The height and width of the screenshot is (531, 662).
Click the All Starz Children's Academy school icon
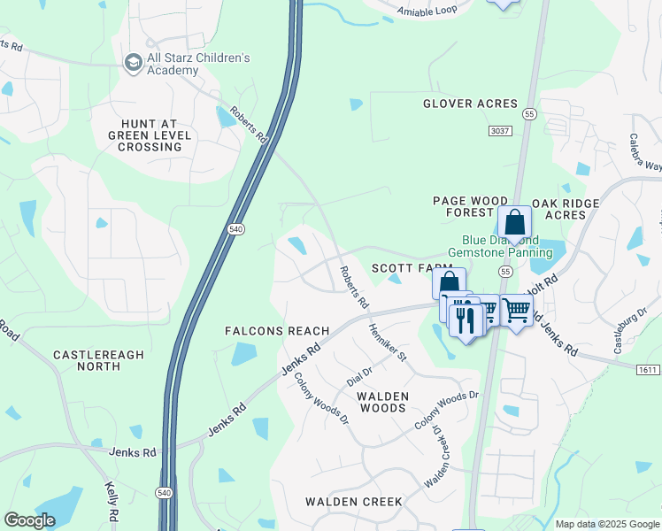(x=133, y=62)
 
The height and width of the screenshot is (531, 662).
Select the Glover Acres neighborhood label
(x=469, y=104)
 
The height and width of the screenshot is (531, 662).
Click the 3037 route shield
(x=500, y=131)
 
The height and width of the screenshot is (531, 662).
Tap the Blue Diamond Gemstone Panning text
(x=500, y=246)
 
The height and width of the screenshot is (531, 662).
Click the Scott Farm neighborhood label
(x=405, y=267)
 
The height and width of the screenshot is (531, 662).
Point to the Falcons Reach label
(x=277, y=331)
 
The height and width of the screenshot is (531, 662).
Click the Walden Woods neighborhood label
(x=381, y=402)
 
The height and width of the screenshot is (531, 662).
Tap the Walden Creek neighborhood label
(x=354, y=502)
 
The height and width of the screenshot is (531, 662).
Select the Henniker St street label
(x=388, y=342)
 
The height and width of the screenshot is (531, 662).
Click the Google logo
(x=29, y=520)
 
